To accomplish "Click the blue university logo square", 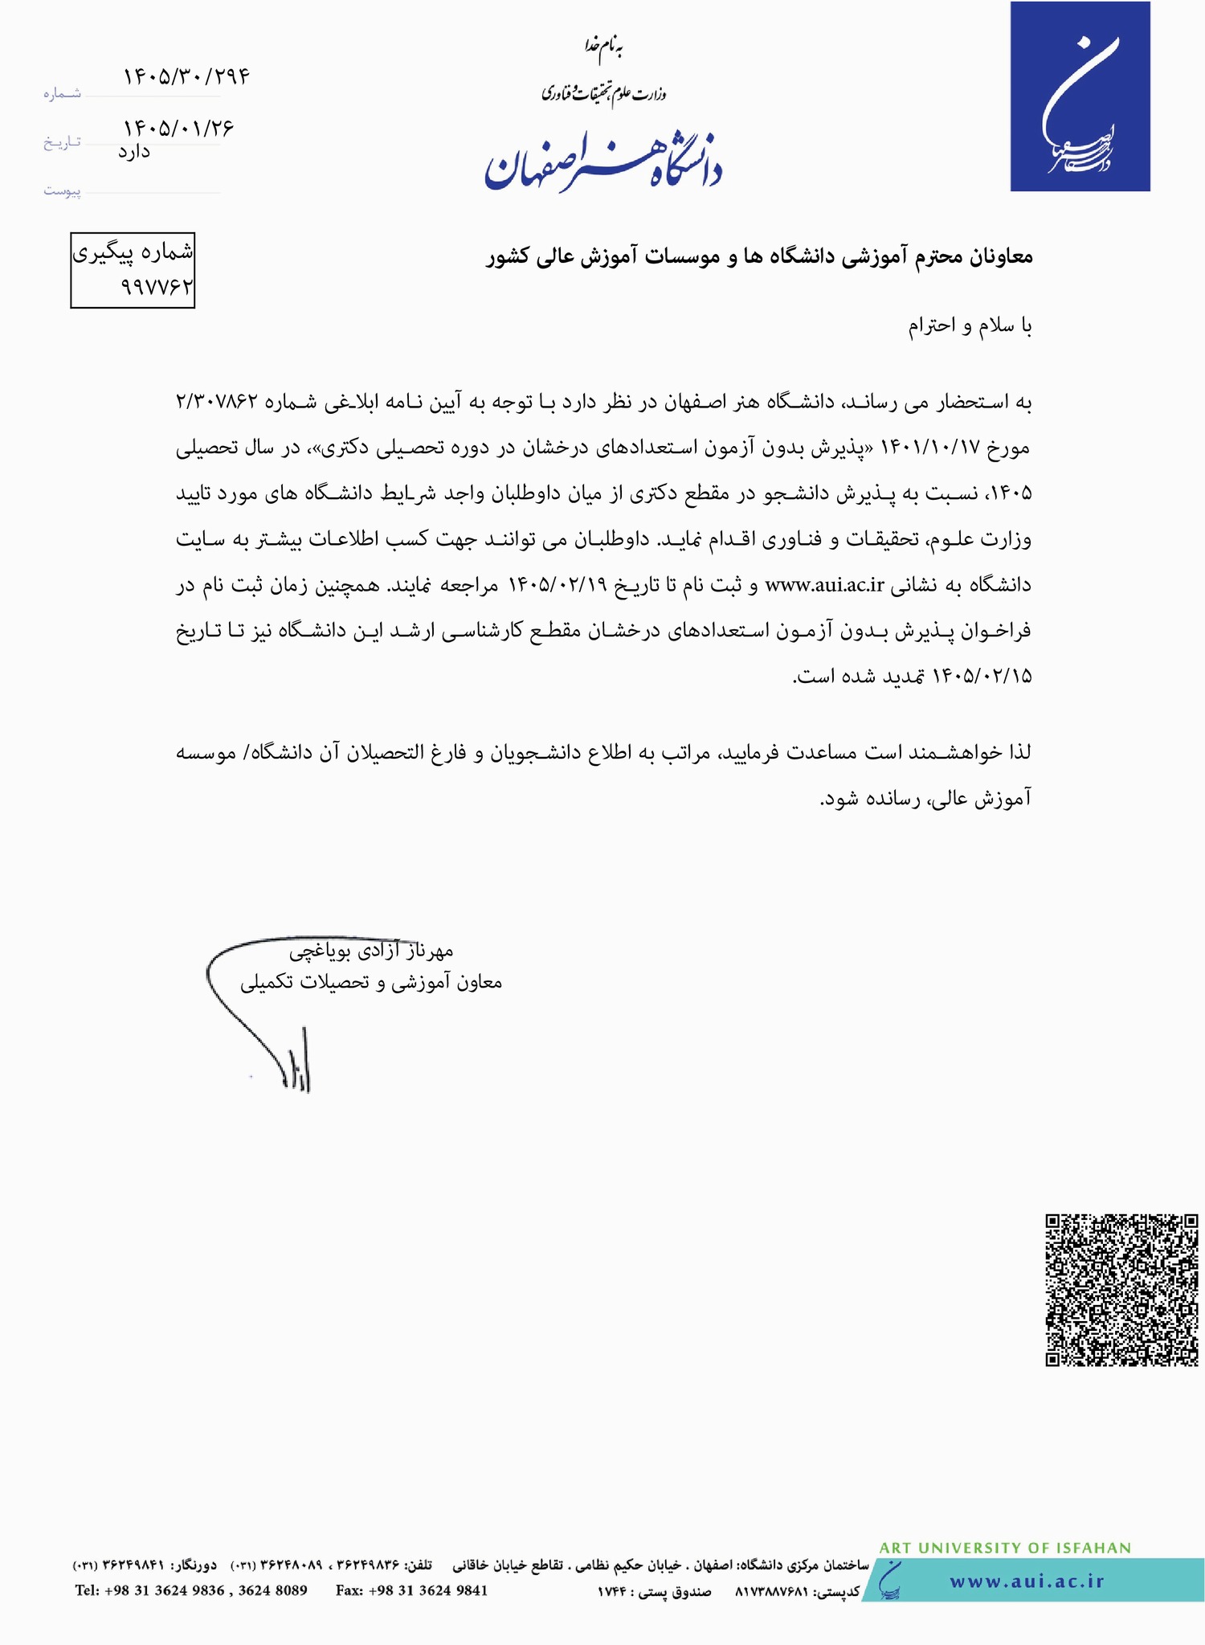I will [x=1080, y=96].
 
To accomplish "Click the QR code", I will [x=1121, y=1289].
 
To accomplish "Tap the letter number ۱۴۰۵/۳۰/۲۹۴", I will [x=186, y=76].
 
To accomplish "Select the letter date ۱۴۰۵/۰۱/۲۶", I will [x=178, y=128].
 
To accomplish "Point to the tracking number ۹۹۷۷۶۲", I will [x=157, y=286].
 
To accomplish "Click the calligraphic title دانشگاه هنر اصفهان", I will [x=602, y=164].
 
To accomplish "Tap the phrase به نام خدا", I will [x=604, y=47].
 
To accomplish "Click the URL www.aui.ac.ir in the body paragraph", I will [x=825, y=585].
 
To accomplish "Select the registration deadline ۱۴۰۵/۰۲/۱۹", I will [x=558, y=585].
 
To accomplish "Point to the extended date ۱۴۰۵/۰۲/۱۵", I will [x=981, y=676].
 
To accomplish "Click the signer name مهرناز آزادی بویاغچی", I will [x=371, y=951].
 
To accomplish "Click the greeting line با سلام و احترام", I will [x=970, y=325].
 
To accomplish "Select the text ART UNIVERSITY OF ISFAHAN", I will [x=1005, y=1548].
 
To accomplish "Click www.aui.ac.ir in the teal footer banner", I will [x=1027, y=1581].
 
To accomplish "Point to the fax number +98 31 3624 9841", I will [x=411, y=1590].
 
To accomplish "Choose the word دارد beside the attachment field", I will [x=134, y=151].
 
